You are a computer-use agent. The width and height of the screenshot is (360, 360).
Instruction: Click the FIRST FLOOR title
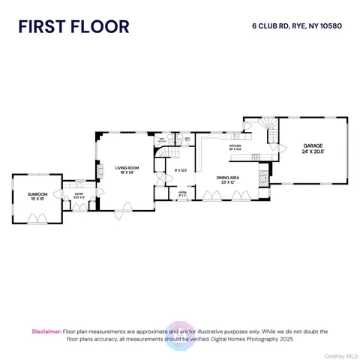tap(73, 28)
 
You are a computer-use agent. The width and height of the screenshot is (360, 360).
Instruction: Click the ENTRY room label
tap(79, 193)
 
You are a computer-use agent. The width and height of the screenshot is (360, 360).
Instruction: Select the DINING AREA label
tap(228, 177)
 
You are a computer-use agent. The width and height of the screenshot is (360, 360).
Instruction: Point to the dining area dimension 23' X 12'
tap(228, 182)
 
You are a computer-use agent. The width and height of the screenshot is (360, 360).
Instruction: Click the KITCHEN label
tap(235, 146)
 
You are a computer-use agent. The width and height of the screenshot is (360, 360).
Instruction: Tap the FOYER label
tap(181, 192)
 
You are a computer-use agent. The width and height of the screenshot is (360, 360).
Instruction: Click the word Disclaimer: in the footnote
tap(46, 331)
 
